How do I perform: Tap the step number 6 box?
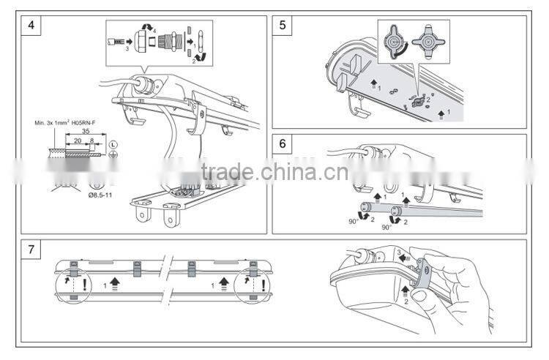[283, 143]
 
